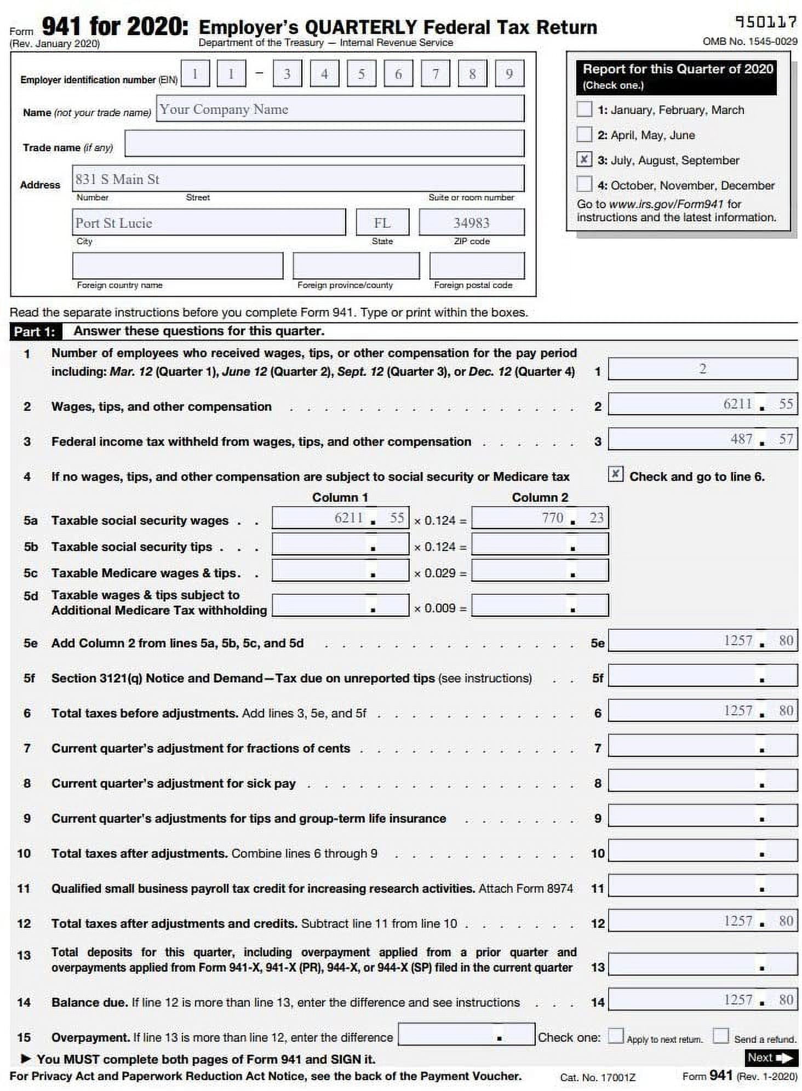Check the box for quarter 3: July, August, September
tap(584, 159)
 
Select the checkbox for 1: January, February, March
tap(584, 109)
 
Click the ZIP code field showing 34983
tap(471, 222)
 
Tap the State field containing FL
tap(382, 222)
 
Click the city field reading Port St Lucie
tap(208, 222)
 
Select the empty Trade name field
tap(324, 143)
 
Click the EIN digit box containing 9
tap(509, 74)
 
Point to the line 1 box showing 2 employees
tap(702, 369)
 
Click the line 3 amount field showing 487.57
tap(702, 439)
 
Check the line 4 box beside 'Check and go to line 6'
tap(615, 474)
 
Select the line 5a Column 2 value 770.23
tap(540, 518)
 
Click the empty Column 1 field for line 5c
tap(340, 571)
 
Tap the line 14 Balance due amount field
tap(702, 1000)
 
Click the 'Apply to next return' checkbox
tap(616, 1035)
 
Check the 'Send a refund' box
tap(720, 1035)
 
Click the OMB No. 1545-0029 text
tap(749, 42)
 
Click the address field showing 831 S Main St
tap(298, 179)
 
